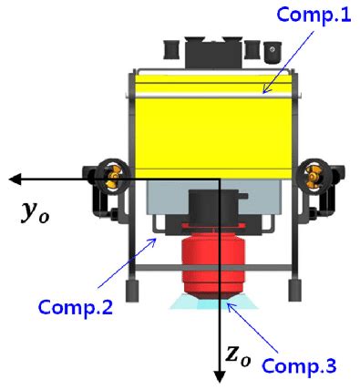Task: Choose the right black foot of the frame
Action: (x=293, y=291)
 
